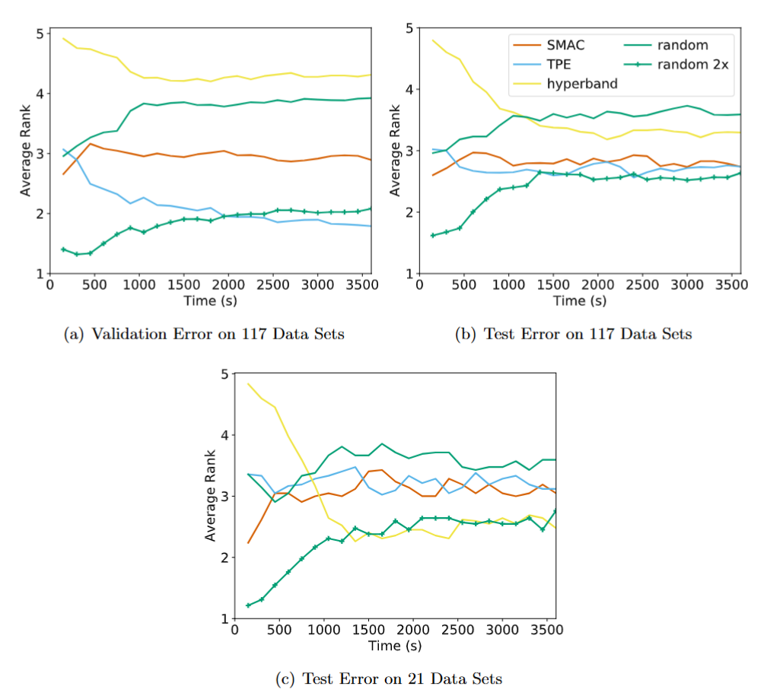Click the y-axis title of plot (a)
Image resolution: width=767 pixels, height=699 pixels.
coord(26,153)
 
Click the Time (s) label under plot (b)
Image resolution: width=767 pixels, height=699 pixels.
coord(580,300)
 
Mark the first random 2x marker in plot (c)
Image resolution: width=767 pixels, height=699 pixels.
coord(248,605)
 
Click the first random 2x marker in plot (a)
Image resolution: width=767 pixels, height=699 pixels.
coord(64,249)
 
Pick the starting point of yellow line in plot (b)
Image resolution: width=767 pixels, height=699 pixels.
coord(432,40)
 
